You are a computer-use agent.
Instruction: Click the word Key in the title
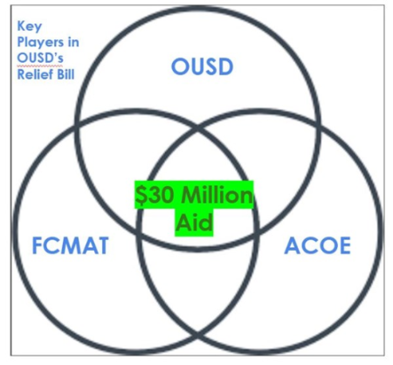[x=30, y=26]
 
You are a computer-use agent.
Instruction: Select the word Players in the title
[x=40, y=43]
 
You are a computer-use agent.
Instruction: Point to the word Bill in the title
[x=65, y=74]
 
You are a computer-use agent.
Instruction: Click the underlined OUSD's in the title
[x=40, y=58]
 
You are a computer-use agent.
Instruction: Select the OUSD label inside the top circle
[x=202, y=66]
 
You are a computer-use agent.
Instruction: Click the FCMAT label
[x=70, y=245]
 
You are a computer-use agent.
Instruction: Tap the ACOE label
[x=317, y=245]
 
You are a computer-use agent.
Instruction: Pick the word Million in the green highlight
[x=217, y=195]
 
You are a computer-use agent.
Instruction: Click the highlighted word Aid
[x=194, y=223]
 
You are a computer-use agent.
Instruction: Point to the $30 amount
[x=152, y=195]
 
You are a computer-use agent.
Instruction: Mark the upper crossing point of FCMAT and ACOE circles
[x=198, y=128]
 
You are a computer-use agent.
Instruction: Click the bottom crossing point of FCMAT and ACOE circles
[x=197, y=337]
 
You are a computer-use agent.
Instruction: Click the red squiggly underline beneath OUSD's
[x=40, y=65]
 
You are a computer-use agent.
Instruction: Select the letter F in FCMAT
[x=36, y=245]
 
